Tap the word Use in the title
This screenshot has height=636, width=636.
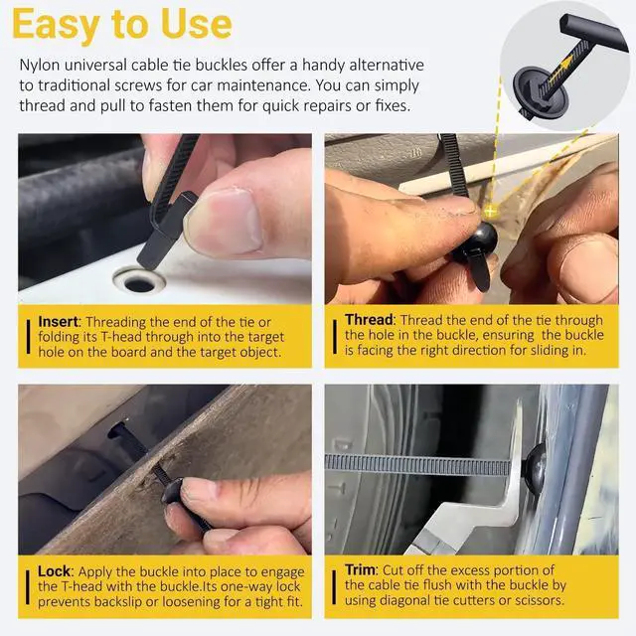point(197,24)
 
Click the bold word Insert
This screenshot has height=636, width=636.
point(58,322)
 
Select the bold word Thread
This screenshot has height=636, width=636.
point(369,320)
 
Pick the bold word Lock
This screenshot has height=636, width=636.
point(54,571)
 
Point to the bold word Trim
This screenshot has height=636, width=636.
point(360,569)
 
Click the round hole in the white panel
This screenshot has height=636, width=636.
point(139,283)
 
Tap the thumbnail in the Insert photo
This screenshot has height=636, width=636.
point(226,221)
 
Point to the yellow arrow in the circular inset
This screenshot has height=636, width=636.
point(558,69)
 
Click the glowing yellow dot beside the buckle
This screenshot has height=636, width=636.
point(491,210)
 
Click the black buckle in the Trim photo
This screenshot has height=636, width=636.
point(535,465)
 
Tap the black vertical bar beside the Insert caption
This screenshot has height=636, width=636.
point(28,336)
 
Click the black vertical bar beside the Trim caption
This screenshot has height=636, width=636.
point(334,587)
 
